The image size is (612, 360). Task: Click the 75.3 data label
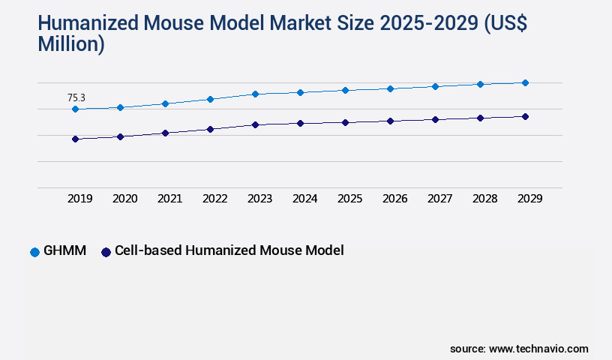76,97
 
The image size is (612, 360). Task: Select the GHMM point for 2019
75,109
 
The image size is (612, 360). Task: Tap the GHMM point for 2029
525,82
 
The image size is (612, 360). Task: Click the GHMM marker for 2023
255,94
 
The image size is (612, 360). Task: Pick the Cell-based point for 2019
75,139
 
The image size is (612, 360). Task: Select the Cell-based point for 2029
525,116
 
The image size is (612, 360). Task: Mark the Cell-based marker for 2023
255,124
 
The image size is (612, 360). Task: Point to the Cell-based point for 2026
390,121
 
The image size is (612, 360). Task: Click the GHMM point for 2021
165,103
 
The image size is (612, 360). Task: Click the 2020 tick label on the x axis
124,199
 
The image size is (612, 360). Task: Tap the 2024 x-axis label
304,199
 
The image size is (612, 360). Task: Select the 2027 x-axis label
439,199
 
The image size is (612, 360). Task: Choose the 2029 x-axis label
529,199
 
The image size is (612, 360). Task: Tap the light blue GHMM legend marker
34,252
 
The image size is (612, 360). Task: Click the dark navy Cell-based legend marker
106,252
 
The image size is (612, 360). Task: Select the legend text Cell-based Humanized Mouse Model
229,251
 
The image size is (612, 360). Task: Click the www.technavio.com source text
538,349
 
